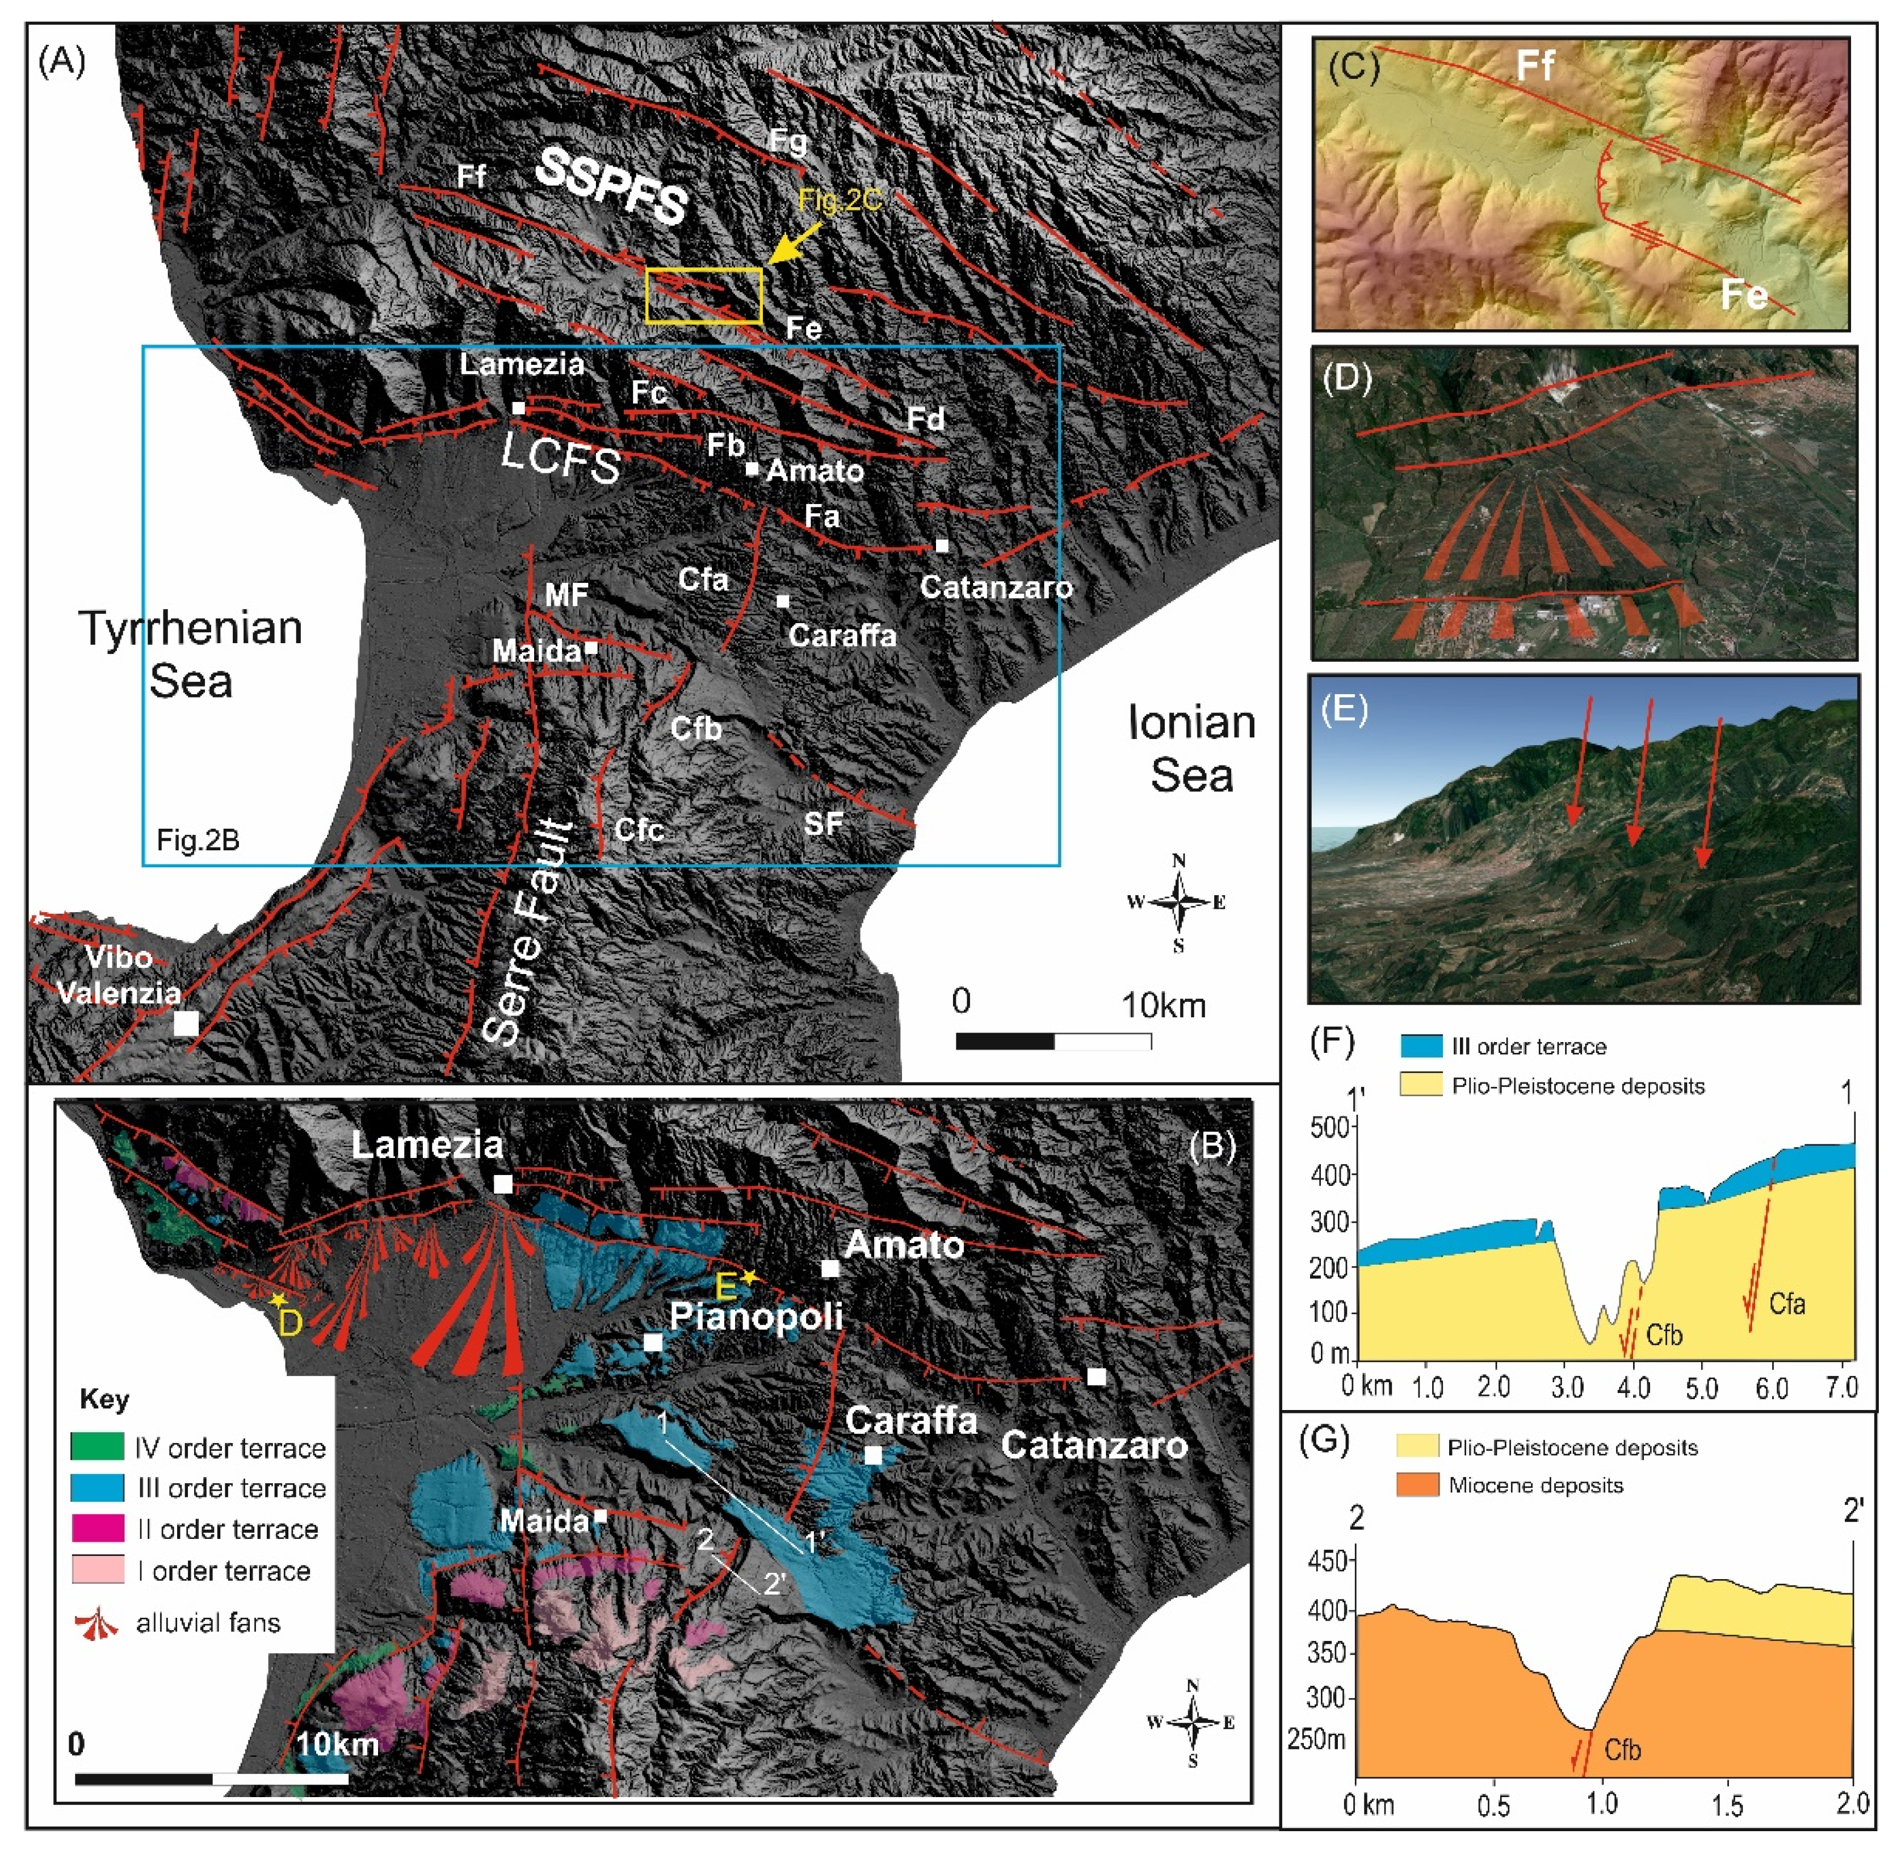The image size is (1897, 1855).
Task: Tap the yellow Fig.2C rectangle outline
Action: click(703, 270)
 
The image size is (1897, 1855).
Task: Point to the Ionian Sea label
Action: click(1191, 748)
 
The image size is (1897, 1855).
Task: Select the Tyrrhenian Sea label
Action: click(191, 654)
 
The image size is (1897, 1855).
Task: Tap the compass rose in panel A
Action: click(1178, 902)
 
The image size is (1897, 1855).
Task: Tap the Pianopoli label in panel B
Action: click(756, 1317)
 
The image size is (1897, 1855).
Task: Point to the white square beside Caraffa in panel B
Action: click(874, 1455)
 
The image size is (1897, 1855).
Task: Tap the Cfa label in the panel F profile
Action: click(1787, 1304)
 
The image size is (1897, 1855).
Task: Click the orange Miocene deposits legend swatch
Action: click(1418, 1485)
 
